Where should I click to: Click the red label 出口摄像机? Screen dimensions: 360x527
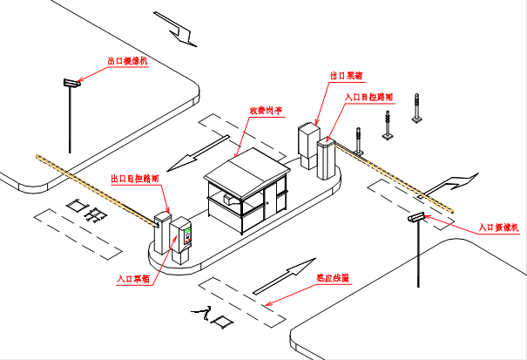pos(127,62)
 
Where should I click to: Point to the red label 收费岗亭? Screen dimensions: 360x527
pos(266,111)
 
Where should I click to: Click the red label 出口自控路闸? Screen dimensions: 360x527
pos(134,178)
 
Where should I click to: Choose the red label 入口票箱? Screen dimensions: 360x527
pos(135,280)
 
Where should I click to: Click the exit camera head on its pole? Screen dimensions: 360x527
pos(71,84)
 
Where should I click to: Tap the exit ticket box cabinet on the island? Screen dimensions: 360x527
pos(308,145)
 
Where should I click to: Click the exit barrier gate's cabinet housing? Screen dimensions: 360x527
pos(162,228)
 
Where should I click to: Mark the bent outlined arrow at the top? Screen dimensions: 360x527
pos(179,29)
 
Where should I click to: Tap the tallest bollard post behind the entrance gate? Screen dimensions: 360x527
pos(418,109)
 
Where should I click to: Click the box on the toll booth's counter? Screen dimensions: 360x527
pos(229,200)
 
